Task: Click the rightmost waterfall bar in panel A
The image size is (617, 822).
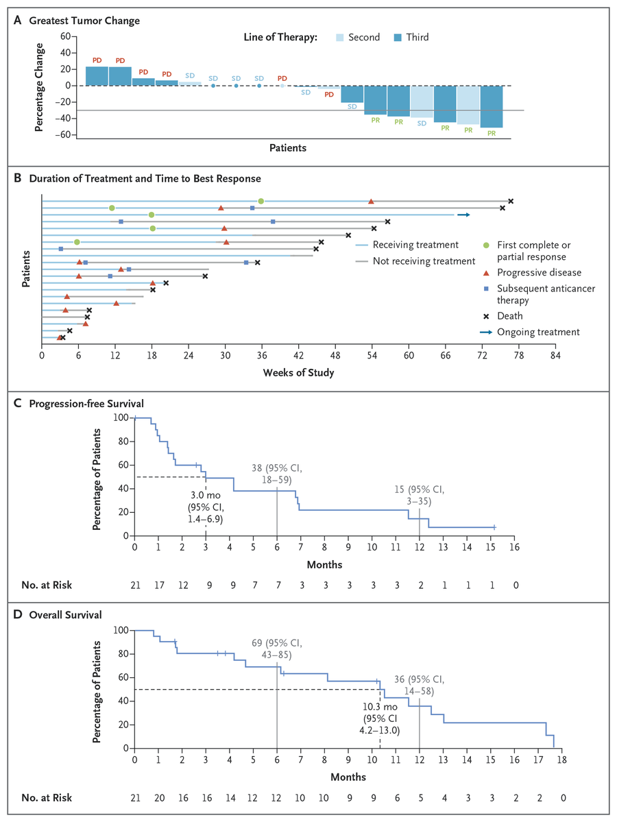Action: [492, 106]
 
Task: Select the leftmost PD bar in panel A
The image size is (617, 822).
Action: [97, 75]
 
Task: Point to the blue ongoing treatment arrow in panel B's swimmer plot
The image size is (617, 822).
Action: [464, 215]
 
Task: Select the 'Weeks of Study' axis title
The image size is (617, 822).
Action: [298, 373]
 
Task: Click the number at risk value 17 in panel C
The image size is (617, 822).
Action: [158, 585]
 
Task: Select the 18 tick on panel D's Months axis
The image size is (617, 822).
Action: [562, 760]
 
